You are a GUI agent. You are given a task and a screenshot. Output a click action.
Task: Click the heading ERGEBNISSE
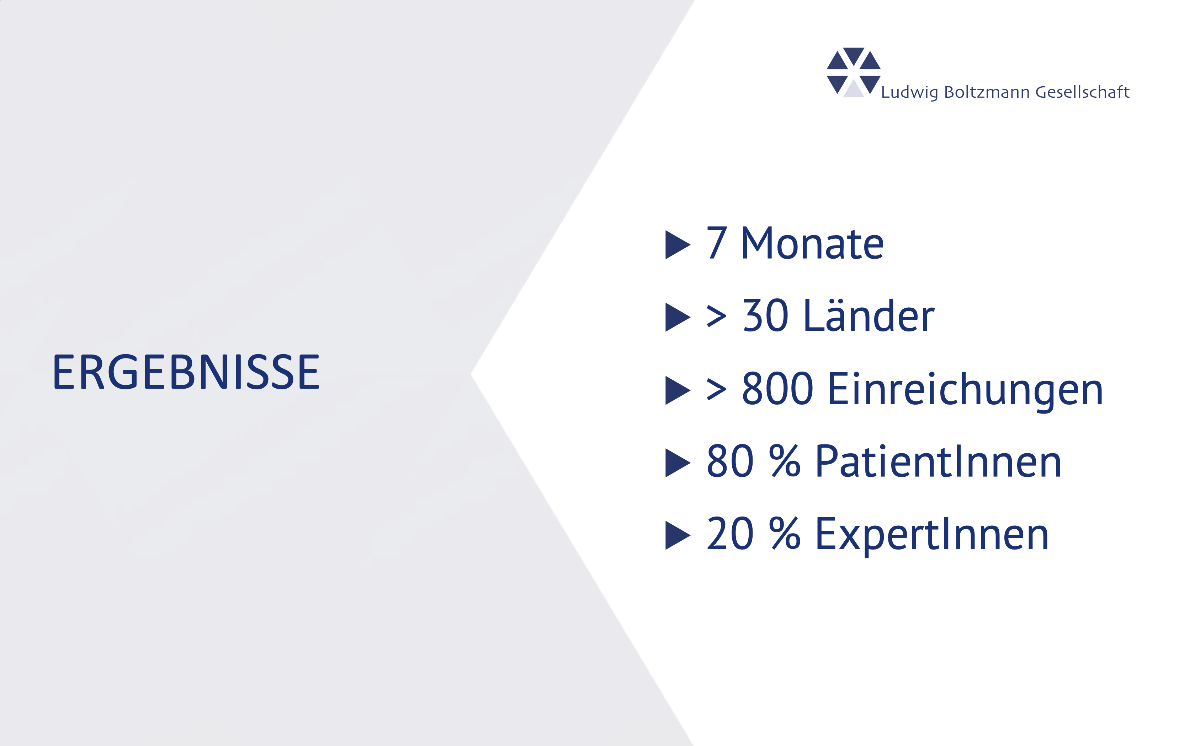coord(186,372)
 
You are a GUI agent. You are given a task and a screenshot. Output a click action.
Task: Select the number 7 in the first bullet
coord(717,243)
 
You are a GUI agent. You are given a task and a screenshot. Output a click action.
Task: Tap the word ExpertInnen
coord(932,535)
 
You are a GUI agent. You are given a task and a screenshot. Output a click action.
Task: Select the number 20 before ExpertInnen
coord(730,534)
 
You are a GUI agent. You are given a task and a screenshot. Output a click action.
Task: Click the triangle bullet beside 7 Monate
coord(678,245)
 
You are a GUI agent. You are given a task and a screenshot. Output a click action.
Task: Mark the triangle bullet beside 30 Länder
coord(678,317)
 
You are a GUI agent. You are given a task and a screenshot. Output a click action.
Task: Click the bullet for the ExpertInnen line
coord(678,535)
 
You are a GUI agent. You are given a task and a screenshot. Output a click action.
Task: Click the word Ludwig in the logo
coord(909,92)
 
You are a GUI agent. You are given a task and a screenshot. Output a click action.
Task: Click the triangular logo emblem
coord(853,72)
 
